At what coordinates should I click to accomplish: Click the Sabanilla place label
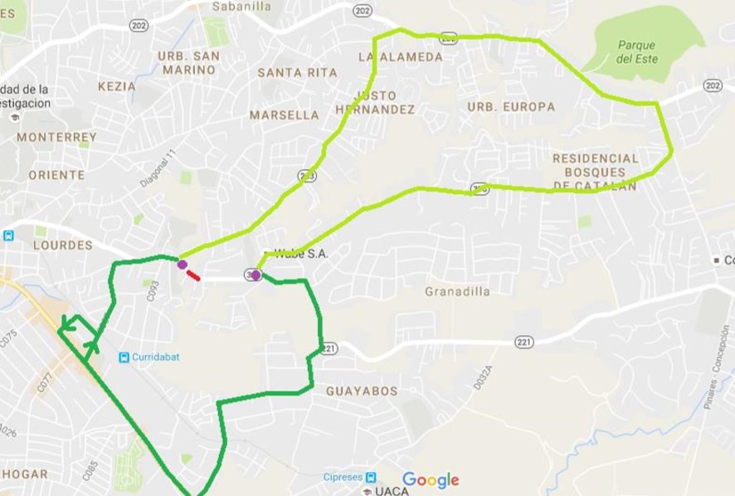241,6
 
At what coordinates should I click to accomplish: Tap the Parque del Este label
636,52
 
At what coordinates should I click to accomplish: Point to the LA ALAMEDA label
401,57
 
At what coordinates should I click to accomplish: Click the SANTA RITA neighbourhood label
297,73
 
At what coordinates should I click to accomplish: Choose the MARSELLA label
285,114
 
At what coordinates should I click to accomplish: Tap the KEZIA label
116,85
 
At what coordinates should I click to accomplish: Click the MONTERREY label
56,137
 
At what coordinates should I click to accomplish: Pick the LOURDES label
62,246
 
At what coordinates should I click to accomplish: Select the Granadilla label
457,291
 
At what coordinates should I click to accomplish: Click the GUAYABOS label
362,391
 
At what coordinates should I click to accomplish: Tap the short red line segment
192,275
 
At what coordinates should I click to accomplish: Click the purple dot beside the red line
182,265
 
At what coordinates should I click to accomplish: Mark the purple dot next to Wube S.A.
256,275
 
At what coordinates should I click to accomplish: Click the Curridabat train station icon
124,357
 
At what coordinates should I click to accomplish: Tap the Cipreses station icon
371,477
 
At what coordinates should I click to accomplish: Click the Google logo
431,479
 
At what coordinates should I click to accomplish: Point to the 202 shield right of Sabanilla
361,10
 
